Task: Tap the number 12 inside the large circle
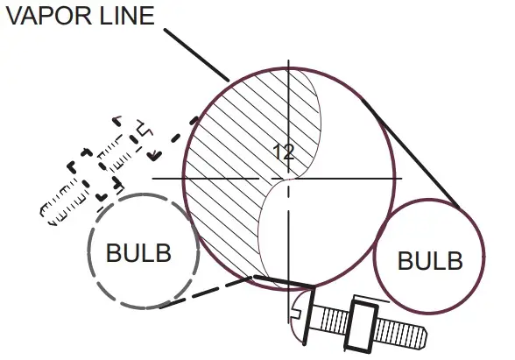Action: click(x=282, y=152)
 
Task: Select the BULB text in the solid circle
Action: click(x=429, y=260)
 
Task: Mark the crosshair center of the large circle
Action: click(x=288, y=179)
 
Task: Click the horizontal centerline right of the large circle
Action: click(x=396, y=179)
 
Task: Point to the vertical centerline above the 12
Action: click(x=288, y=88)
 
